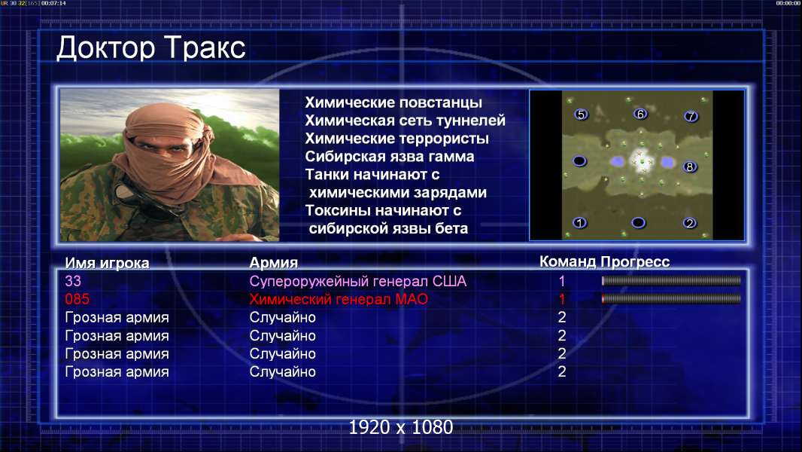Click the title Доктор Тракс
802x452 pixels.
pos(151,48)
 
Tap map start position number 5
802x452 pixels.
pos(581,115)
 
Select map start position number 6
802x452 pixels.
pos(639,114)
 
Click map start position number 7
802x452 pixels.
pos(691,117)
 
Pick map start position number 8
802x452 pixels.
pos(690,167)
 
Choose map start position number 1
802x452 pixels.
pos(579,223)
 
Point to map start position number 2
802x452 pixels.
pos(690,223)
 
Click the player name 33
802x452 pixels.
pos(73,281)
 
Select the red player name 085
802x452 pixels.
pos(77,299)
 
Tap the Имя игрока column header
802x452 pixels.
pos(107,263)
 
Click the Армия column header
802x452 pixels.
pos(274,263)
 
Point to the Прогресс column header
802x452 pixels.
pos(635,262)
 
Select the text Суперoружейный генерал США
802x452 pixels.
pos(358,281)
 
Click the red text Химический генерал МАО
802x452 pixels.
pos(339,299)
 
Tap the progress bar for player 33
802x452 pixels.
pos(671,280)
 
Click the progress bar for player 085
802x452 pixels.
pos(671,298)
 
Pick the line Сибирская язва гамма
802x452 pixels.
pos(390,157)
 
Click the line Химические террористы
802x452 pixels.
pos(397,139)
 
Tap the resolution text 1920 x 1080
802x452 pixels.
pos(401,427)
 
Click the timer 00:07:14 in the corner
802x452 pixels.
pos(53,3)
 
